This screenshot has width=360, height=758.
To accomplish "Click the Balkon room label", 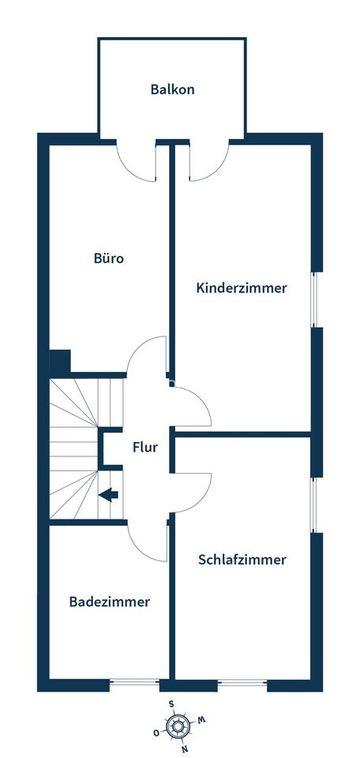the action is [x=173, y=89].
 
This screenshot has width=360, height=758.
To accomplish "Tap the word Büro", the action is [x=109, y=258].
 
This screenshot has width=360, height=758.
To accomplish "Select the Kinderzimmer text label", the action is [x=242, y=288].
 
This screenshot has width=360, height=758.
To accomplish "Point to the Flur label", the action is [x=145, y=448].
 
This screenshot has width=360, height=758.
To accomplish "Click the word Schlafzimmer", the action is [x=242, y=560].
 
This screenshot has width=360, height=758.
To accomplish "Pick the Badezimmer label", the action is [x=110, y=602].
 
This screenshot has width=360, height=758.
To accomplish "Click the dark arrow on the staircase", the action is [x=109, y=494].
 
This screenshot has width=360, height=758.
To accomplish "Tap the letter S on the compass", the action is [x=171, y=704].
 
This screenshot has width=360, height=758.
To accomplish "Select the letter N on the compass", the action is [x=184, y=750].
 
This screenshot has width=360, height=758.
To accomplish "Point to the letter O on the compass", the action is [x=156, y=733].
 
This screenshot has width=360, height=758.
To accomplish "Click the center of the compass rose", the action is [x=178, y=726].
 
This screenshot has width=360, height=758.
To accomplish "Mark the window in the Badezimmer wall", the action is [x=134, y=682].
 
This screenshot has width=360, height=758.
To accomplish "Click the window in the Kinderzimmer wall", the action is [x=314, y=300].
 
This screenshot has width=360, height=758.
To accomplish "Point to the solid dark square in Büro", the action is [x=60, y=361].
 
